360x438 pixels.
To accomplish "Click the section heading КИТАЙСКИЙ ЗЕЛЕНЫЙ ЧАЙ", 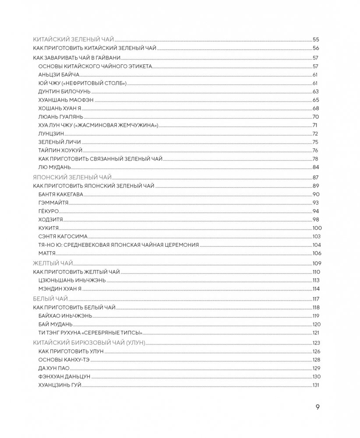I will [x=74, y=39].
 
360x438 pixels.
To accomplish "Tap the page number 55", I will [x=316, y=39].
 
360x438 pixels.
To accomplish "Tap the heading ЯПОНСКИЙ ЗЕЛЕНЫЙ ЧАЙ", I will [x=73, y=178].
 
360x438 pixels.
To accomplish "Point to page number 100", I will [x=317, y=228].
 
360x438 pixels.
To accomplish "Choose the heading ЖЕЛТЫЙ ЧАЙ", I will [x=53, y=263].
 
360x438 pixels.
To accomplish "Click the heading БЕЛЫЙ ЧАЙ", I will [x=50, y=299].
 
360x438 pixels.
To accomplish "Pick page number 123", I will [x=317, y=343].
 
